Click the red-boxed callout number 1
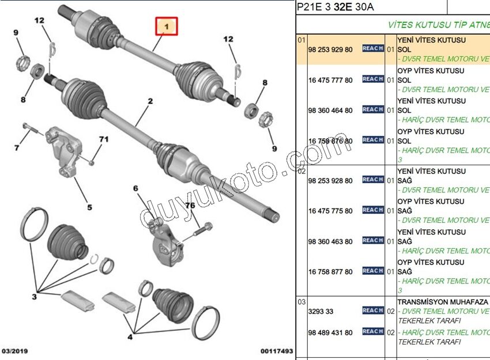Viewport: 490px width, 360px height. coord(166,26)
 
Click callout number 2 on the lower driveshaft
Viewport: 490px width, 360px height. coord(150,102)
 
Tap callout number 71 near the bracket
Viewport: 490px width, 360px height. coord(104,139)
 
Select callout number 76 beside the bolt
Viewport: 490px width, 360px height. coord(190,206)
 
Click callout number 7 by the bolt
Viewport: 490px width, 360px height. coord(136,188)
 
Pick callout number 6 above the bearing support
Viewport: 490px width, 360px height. coord(17,148)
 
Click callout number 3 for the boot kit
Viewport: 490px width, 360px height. coord(34,297)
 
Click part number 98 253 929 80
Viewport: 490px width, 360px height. coord(330,50)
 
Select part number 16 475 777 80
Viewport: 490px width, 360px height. coord(330,81)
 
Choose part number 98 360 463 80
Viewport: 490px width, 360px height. coord(330,242)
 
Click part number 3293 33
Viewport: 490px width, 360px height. coord(321,312)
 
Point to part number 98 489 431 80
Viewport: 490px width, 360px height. coord(330,332)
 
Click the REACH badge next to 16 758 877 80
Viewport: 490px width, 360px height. coord(373,271)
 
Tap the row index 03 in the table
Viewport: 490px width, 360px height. coord(301,302)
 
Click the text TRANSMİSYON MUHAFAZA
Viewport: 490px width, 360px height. coord(443,302)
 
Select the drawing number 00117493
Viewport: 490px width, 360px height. coord(277,351)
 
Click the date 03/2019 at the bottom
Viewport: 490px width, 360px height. coord(15,351)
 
